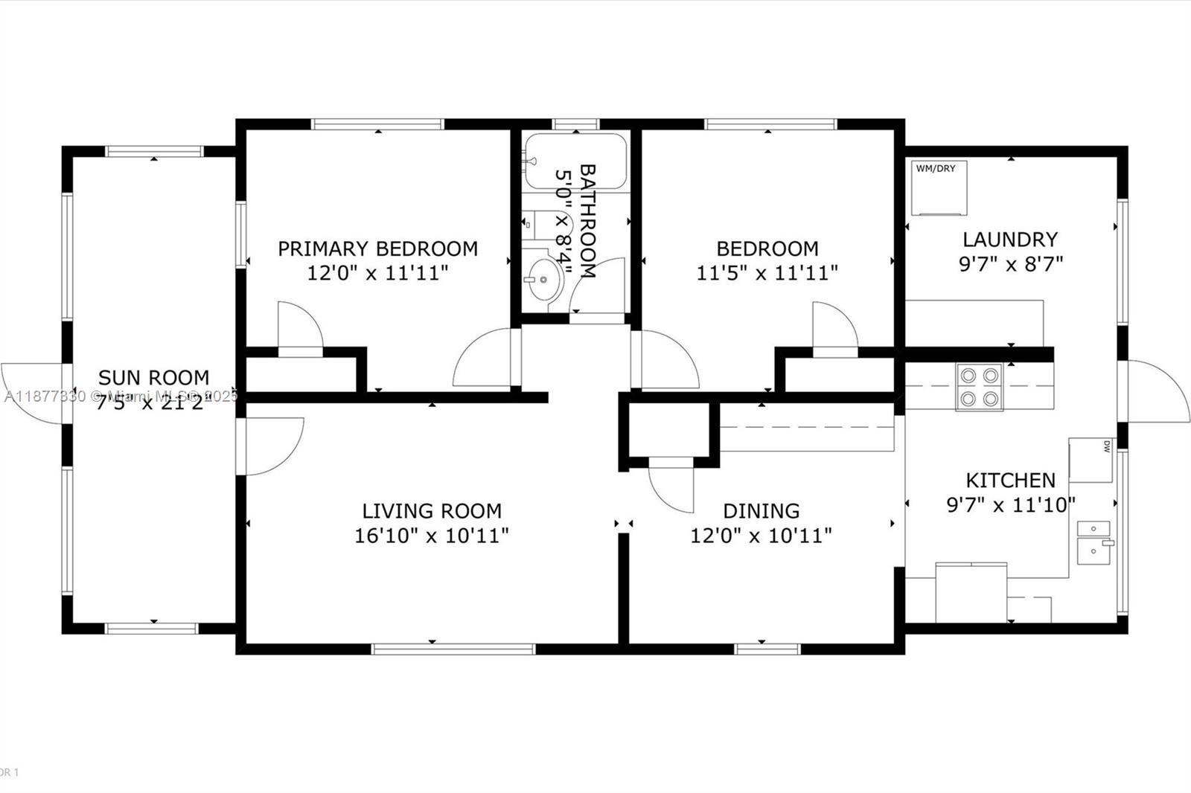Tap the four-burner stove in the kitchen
(979, 387)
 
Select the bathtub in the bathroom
(575, 161)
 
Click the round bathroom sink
(544, 280)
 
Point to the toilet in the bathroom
(537, 222)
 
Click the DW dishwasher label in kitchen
(1106, 446)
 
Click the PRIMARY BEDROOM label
(377, 248)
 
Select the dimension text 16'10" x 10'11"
(431, 536)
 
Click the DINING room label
(761, 511)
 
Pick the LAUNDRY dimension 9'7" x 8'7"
(1010, 264)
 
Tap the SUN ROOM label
(153, 377)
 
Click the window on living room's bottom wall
(453, 649)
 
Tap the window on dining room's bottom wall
(767, 649)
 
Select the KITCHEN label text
(1010, 480)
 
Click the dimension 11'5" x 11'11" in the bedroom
(767, 273)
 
